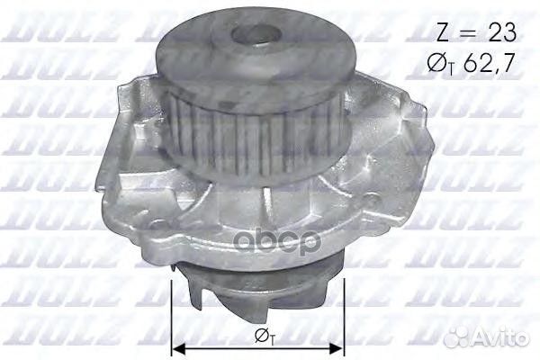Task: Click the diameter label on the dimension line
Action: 258,337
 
